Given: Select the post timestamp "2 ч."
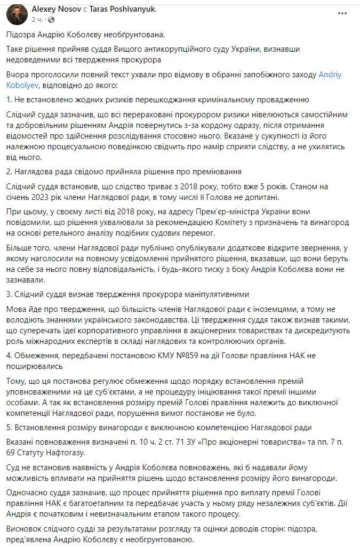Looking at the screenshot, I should (37, 19).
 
